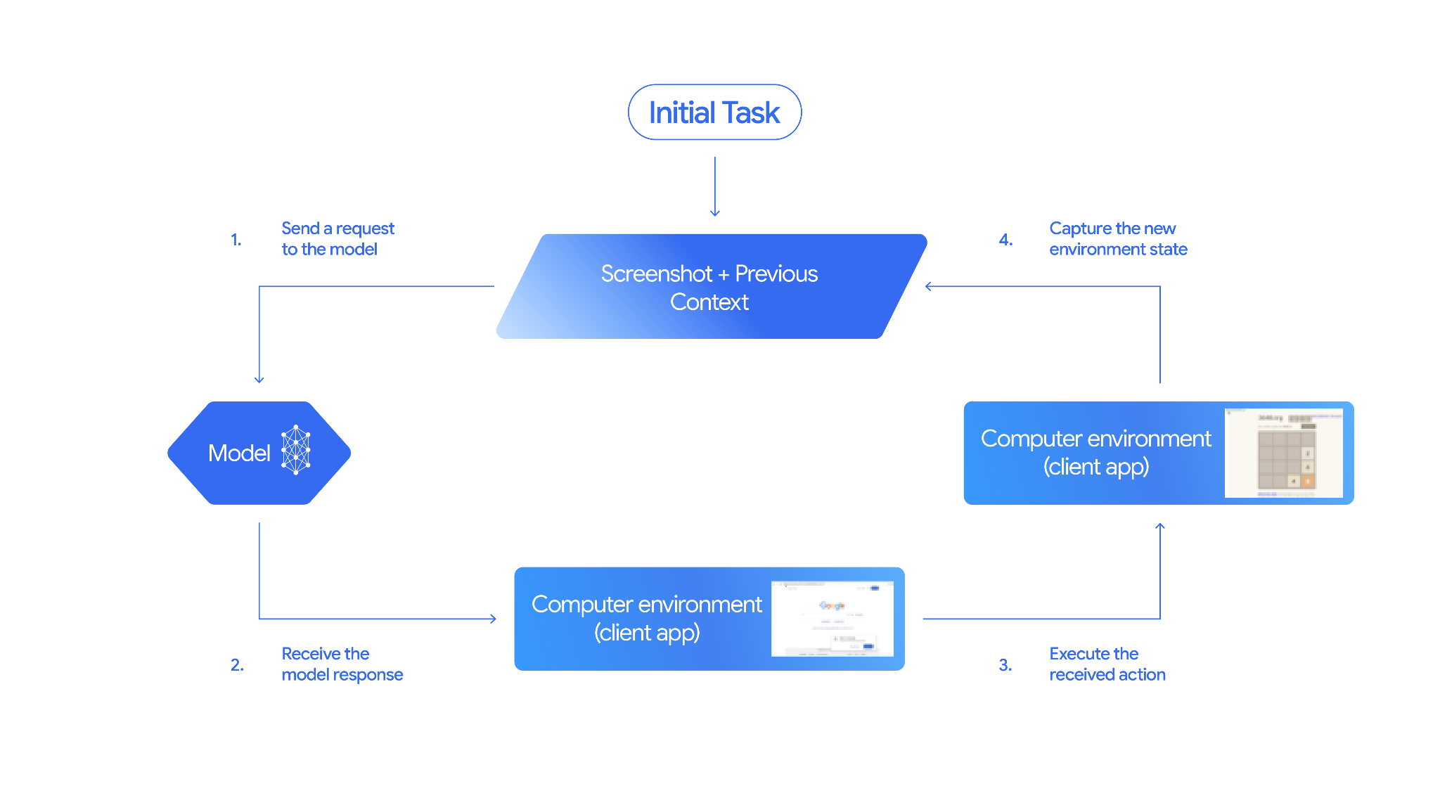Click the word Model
(239, 453)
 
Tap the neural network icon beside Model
(296, 450)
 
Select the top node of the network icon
(296, 427)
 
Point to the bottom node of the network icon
(296, 472)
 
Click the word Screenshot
(656, 273)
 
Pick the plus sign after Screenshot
(724, 274)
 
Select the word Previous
(776, 273)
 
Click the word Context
(709, 302)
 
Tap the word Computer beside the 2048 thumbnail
(1030, 439)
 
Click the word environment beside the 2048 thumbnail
(1149, 439)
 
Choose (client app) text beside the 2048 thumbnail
(1095, 467)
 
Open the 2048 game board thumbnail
(1284, 453)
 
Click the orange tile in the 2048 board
(1308, 482)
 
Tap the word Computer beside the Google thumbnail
(581, 605)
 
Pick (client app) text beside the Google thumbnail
(647, 633)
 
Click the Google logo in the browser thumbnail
(832, 605)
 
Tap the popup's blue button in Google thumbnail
(868, 646)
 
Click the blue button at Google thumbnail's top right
(875, 588)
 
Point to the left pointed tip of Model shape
(169, 453)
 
